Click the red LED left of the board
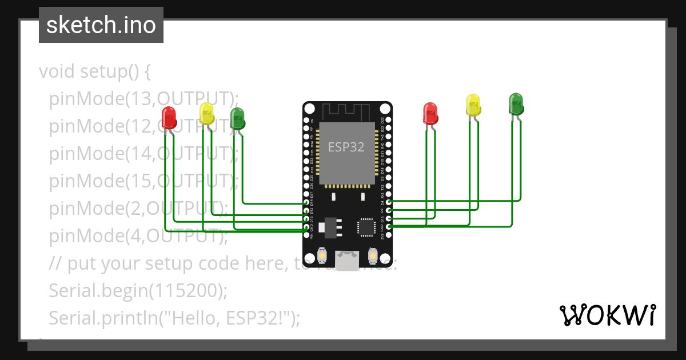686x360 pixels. point(169,117)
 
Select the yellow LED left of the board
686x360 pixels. point(206,113)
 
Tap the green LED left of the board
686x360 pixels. point(238,118)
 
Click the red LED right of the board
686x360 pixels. point(430,113)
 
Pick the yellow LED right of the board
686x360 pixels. point(473,105)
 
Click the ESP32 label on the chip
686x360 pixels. point(346,147)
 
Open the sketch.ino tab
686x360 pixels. point(101,25)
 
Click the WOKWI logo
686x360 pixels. point(607,315)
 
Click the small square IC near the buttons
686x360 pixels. point(365,227)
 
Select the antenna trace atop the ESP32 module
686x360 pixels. point(348,111)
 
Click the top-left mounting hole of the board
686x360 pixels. point(309,109)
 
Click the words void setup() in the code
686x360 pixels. point(94,71)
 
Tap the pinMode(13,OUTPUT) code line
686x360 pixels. point(143,99)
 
